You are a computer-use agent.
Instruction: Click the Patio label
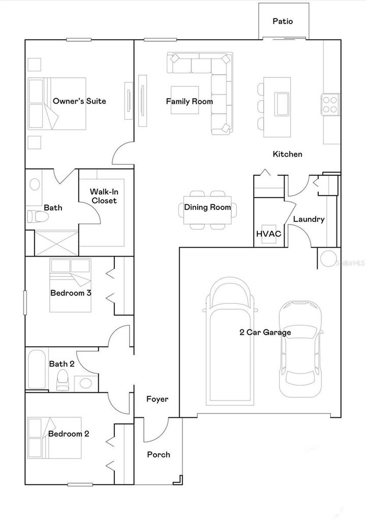coord(283,21)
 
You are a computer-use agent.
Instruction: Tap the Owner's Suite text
coord(79,101)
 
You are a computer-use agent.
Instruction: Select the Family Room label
coord(189,102)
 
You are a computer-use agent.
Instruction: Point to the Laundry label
coord(309,220)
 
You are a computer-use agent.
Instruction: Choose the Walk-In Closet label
coord(103,196)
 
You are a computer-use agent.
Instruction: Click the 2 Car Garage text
coord(265,333)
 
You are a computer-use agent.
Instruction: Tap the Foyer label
coord(157,399)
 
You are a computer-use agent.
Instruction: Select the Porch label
coord(158,454)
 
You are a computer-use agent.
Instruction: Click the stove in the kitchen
coord(330,104)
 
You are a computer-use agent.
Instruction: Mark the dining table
coord(207,208)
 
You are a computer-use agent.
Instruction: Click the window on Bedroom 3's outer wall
coord(25,303)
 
